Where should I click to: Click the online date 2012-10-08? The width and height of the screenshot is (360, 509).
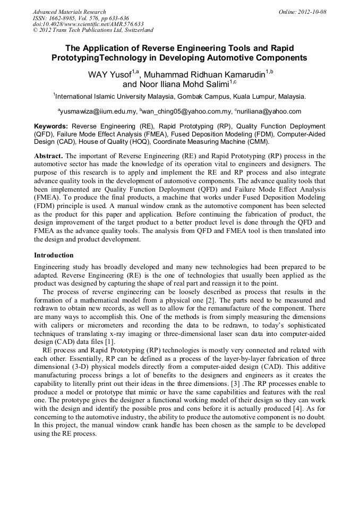[314, 12]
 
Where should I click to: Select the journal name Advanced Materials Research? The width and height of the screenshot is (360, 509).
[69, 12]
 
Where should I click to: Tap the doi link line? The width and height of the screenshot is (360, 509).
[88, 24]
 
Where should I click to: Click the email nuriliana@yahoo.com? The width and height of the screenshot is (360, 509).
[271, 111]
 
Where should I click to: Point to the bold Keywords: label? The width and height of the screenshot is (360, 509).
[51, 126]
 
